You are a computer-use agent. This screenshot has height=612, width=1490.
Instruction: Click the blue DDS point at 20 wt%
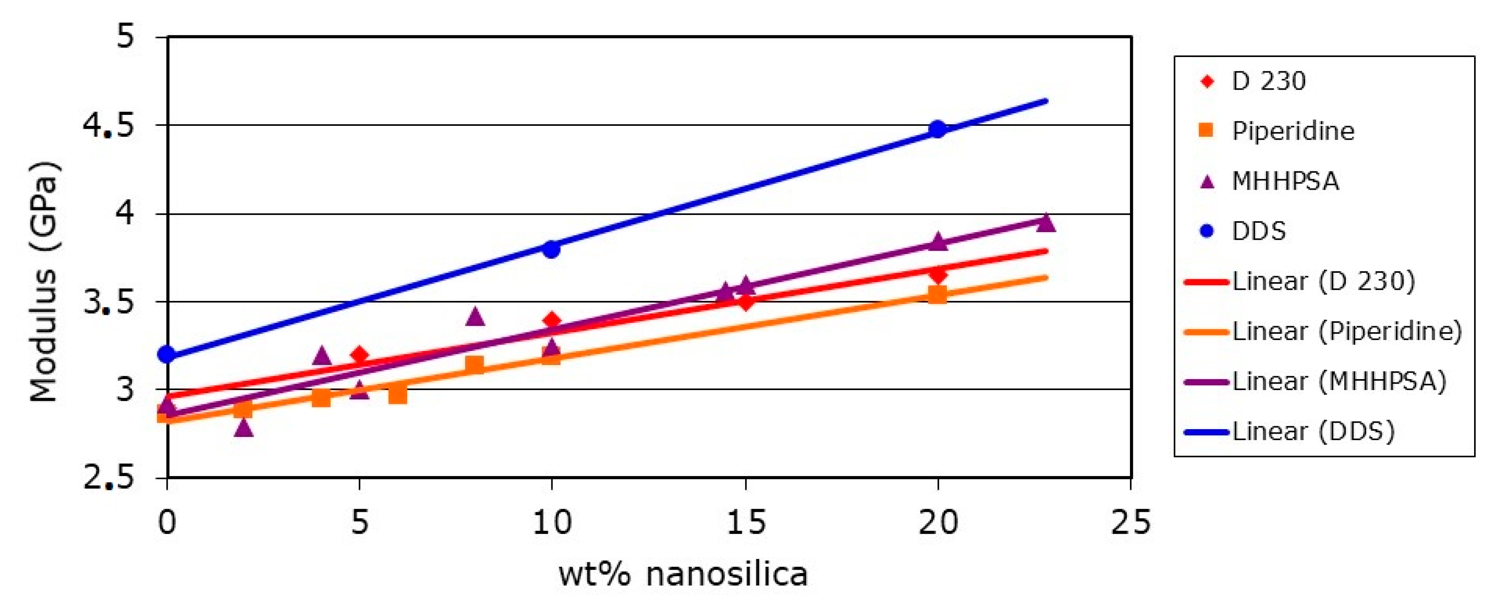point(937,129)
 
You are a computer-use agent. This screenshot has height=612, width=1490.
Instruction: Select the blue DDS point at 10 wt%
point(551,249)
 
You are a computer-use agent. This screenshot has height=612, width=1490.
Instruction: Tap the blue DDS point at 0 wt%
point(167,354)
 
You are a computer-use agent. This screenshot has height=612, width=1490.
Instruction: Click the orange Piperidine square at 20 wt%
point(937,295)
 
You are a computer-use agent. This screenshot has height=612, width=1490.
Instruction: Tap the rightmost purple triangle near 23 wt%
point(1046,223)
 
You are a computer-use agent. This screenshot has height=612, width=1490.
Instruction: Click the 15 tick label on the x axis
point(746,522)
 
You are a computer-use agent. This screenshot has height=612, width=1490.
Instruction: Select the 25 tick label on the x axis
point(1131,522)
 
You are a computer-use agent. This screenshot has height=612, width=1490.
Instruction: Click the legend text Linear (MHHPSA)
point(1339,381)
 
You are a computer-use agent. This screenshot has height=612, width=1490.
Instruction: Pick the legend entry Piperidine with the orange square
point(1293,131)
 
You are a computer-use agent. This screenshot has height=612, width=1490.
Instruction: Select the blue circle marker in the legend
point(1207,231)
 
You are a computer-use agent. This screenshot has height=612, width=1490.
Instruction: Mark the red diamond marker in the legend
point(1207,81)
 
